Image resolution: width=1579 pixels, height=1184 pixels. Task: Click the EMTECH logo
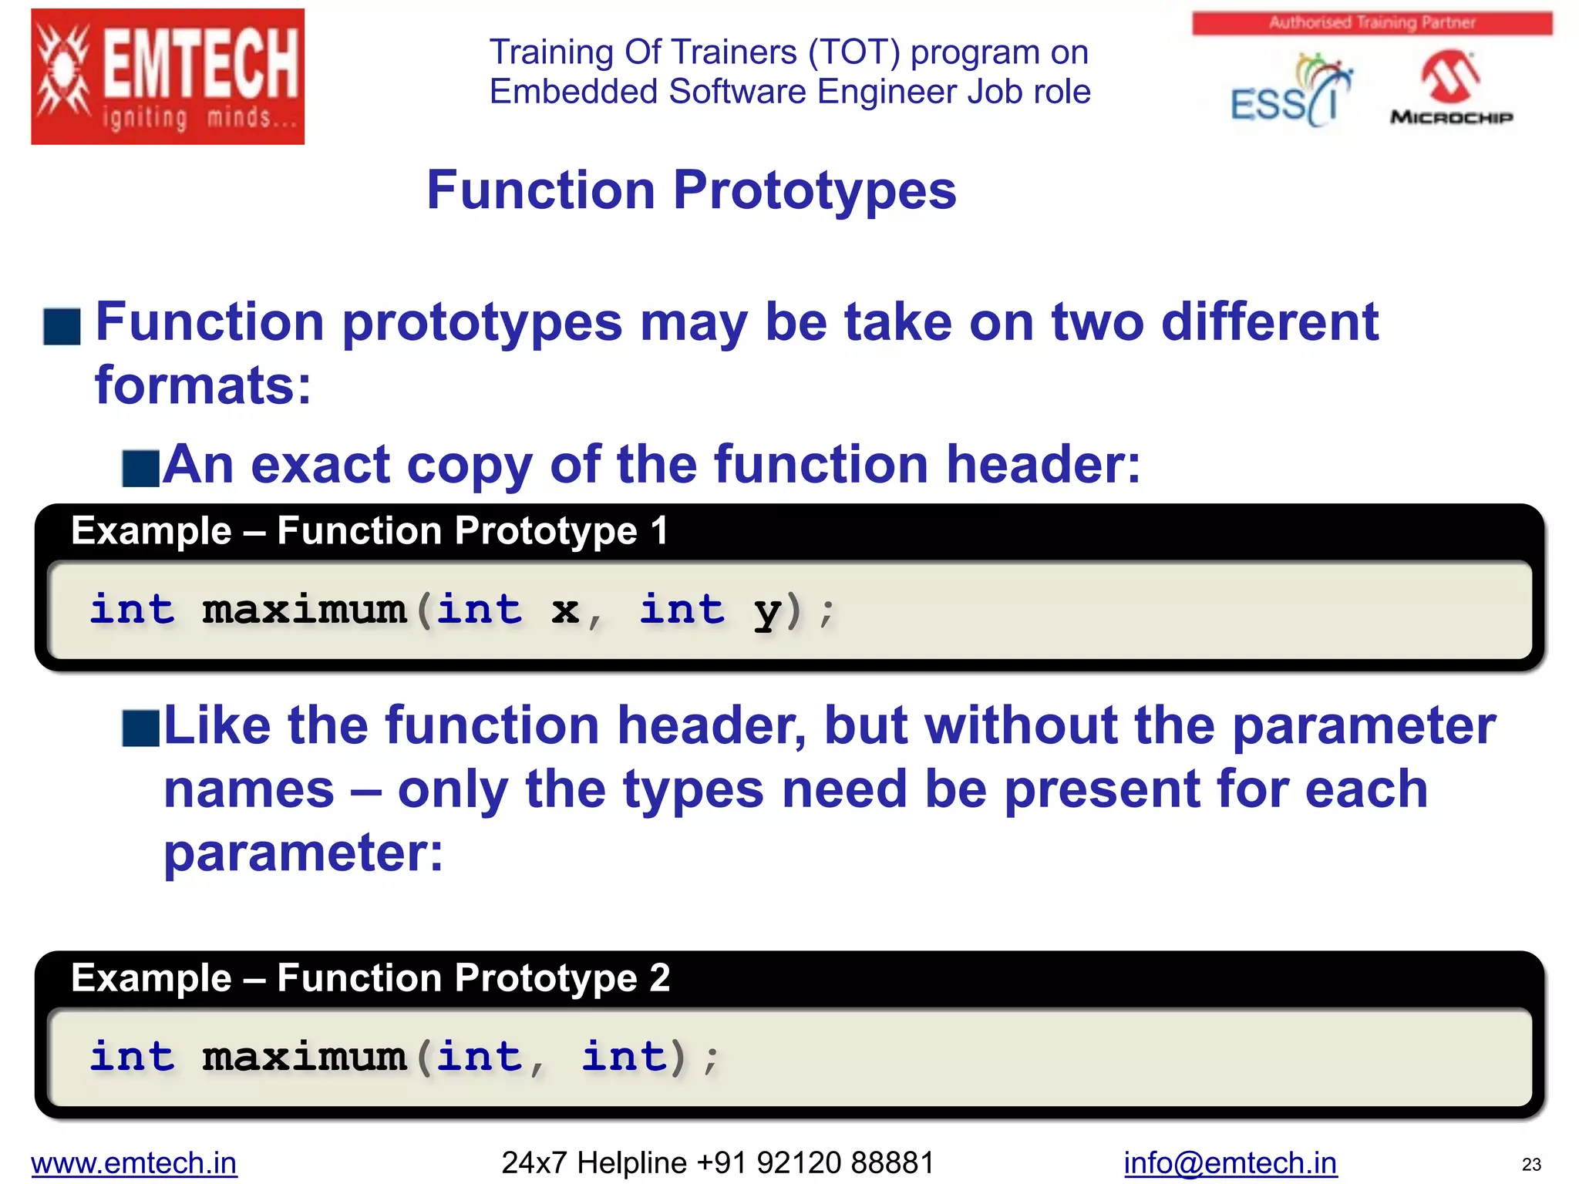(167, 76)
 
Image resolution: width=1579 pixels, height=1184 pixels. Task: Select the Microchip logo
(1451, 89)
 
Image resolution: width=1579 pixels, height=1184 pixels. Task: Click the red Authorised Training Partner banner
(1372, 23)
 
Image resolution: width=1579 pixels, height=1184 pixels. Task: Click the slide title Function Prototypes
(691, 190)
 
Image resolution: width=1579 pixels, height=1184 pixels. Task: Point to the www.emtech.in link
(134, 1162)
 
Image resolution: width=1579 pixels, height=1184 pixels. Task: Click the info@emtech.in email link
(1230, 1162)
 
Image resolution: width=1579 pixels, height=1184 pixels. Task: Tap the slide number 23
(1531, 1165)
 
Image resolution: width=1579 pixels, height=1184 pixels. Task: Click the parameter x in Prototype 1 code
(565, 610)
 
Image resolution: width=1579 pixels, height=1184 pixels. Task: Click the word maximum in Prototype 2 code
(304, 1057)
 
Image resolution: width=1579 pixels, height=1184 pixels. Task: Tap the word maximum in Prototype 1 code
(304, 610)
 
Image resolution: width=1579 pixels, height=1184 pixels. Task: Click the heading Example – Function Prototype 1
(369, 531)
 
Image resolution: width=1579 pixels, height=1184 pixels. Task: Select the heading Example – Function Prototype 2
(370, 978)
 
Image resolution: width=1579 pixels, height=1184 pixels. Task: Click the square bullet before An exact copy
(141, 469)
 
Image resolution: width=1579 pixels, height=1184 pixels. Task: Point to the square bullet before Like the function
(141, 728)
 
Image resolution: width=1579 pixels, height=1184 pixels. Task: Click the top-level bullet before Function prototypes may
(62, 326)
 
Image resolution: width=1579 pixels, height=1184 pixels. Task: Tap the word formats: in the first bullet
(203, 385)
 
